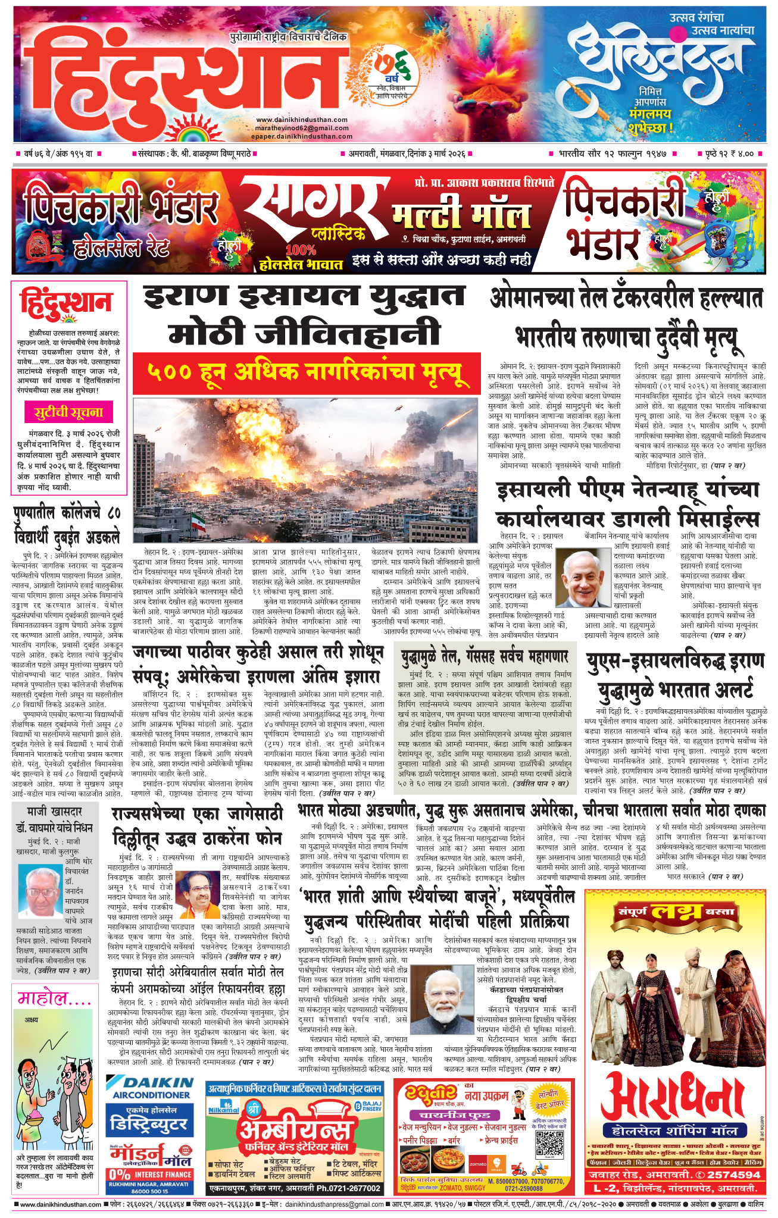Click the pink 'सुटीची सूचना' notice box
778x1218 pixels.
click(68, 412)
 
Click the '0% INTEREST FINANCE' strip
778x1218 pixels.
click(151, 1175)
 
